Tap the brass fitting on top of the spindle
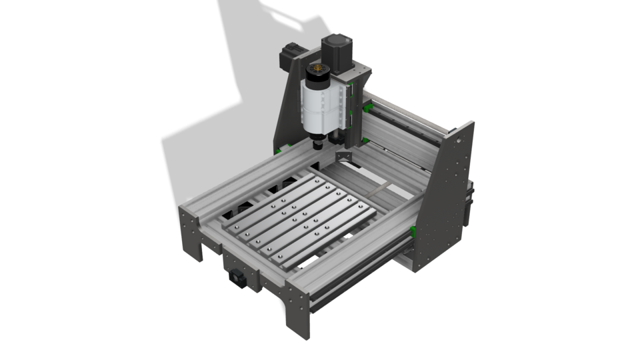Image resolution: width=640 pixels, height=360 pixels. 318,69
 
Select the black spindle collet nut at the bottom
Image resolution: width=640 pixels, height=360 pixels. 318,143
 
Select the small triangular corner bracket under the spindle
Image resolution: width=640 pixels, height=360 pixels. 344,155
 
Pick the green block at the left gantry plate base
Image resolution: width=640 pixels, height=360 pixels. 291,145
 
